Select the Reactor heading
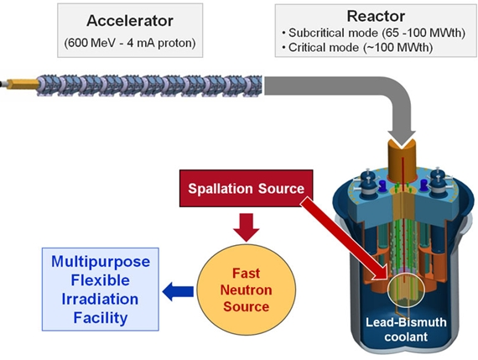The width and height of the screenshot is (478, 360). click(x=375, y=16)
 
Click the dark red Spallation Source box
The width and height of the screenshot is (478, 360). click(x=246, y=189)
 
